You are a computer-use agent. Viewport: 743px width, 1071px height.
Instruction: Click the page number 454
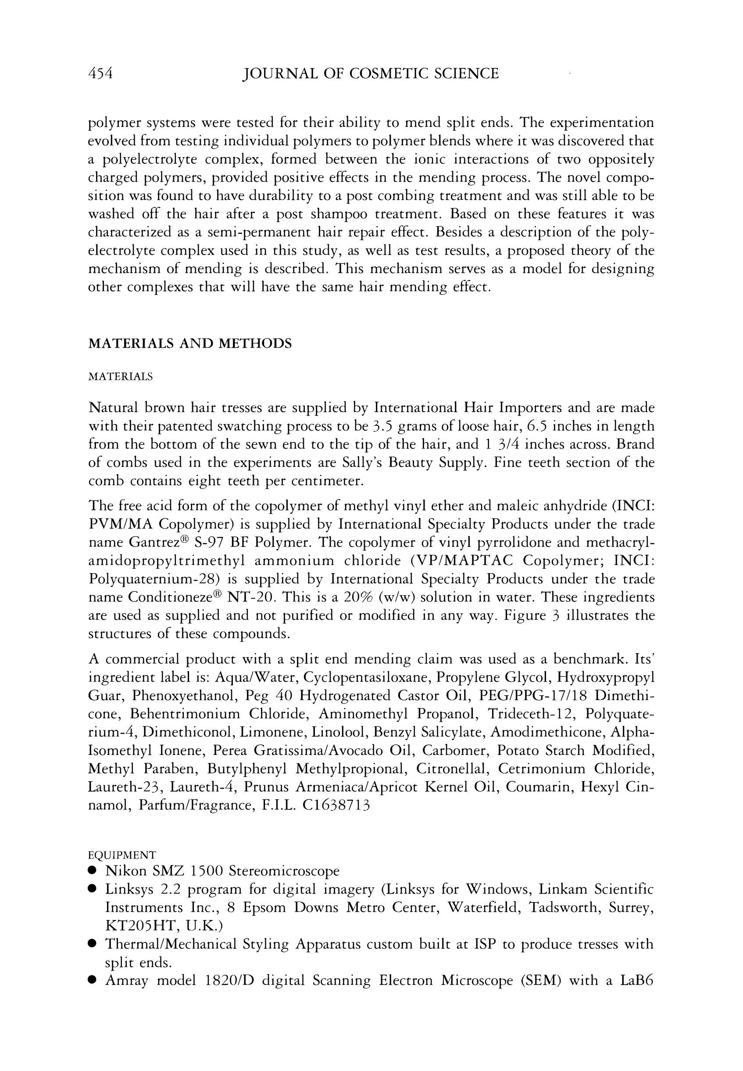click(x=100, y=74)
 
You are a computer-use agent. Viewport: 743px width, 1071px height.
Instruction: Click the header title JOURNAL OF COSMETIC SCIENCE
click(x=370, y=74)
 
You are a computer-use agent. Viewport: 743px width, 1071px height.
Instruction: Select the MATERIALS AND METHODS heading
click(x=190, y=343)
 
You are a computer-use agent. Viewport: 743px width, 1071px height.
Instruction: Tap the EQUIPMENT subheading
click(x=122, y=855)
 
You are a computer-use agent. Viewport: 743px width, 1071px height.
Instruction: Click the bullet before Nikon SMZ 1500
click(x=93, y=871)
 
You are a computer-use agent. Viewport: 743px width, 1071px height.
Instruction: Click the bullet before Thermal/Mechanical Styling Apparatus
click(x=93, y=944)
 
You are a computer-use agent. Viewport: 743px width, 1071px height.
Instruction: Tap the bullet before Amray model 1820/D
click(x=93, y=981)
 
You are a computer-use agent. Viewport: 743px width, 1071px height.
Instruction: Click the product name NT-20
click(x=251, y=597)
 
